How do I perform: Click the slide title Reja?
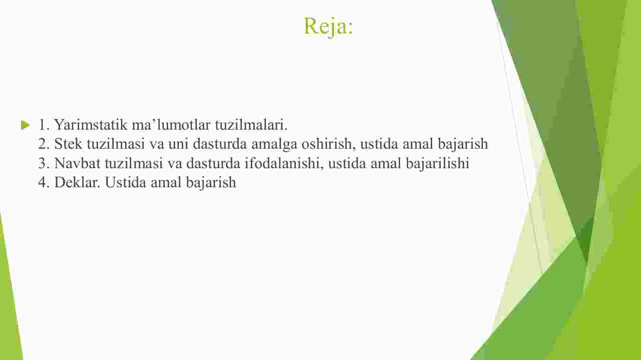[x=329, y=27]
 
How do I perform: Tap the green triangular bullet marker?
[x=26, y=125]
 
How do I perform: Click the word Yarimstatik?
[x=91, y=125]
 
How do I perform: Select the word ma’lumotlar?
[x=171, y=125]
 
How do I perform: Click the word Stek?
[x=68, y=144]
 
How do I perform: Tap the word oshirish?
[x=328, y=144]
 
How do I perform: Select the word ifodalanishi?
[x=284, y=163]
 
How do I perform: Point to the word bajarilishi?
[x=437, y=164]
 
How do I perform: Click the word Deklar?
[x=77, y=182]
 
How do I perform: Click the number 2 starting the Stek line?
[x=44, y=144]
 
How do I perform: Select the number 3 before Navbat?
[x=44, y=163]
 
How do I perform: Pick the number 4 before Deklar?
[x=44, y=182]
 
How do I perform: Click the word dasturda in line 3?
[x=213, y=163]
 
